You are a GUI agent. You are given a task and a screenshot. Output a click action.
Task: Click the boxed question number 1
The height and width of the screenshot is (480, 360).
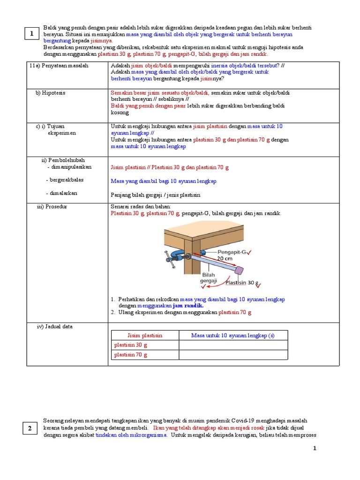tap(31, 34)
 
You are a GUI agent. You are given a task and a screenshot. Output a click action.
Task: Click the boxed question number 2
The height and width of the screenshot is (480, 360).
tap(30, 428)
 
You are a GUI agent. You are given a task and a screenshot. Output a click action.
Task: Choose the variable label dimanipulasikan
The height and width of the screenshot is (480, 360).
tap(70, 167)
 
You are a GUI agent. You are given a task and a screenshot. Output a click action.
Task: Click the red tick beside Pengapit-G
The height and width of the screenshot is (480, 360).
tap(249, 253)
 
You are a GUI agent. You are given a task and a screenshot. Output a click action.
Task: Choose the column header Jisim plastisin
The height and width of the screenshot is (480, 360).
tap(145, 335)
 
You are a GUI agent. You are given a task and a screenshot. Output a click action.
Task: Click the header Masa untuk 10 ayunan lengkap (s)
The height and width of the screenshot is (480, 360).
tap(233, 335)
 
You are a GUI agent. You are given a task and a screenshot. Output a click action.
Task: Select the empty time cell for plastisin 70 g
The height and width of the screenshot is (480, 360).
tap(233, 355)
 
